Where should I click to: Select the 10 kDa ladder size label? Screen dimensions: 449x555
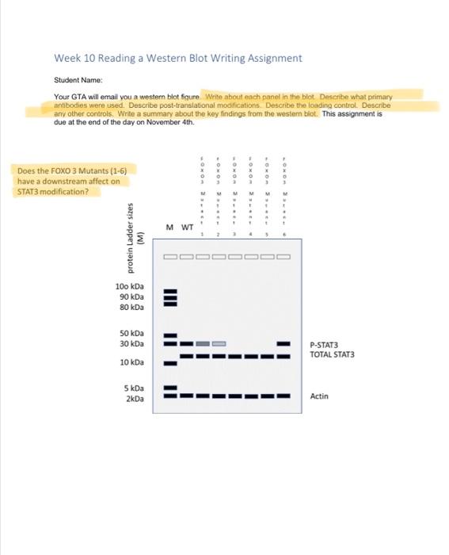(131, 362)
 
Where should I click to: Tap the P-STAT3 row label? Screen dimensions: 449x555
(324, 345)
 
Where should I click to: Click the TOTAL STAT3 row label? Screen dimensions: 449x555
(332, 354)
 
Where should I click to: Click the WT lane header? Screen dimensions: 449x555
(188, 228)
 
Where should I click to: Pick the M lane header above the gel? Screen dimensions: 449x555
(170, 228)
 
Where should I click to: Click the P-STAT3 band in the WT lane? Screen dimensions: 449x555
(186, 343)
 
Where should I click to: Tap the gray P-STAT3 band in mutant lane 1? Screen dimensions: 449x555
(203, 343)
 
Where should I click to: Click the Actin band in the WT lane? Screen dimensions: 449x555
(186, 395)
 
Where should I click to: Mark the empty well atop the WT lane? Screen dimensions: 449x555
(186, 257)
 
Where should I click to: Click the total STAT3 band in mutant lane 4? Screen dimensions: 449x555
(250, 357)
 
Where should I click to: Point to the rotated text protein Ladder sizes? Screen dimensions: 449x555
(134, 233)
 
